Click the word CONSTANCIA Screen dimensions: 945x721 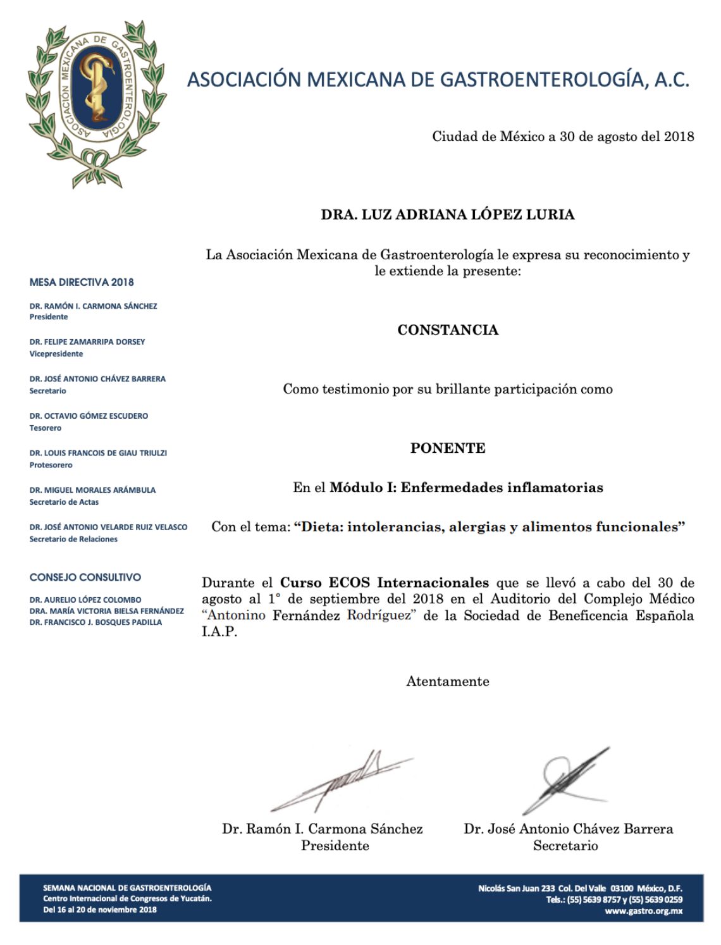[x=448, y=330]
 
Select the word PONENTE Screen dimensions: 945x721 [x=448, y=448]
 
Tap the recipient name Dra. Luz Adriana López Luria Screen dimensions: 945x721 [x=448, y=214]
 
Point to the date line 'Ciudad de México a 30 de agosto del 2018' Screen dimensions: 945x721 [x=563, y=137]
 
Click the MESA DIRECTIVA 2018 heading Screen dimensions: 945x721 [x=82, y=282]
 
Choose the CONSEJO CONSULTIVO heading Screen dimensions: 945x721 [x=85, y=577]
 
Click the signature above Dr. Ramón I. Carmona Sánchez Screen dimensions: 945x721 [x=342, y=782]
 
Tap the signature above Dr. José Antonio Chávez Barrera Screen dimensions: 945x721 [x=566, y=782]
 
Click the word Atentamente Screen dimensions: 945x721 [x=448, y=682]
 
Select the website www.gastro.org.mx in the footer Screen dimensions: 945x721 [x=643, y=911]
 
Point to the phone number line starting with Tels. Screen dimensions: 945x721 [x=614, y=900]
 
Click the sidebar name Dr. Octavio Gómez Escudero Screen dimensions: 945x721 [x=89, y=416]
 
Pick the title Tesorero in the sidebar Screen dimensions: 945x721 [x=46, y=428]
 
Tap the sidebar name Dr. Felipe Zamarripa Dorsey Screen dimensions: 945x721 [x=87, y=342]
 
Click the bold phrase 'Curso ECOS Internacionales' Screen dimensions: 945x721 [x=385, y=583]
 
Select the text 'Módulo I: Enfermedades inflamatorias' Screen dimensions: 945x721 [x=467, y=488]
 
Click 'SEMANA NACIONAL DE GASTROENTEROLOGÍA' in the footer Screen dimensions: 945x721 [x=127, y=888]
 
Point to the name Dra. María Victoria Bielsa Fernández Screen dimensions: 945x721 [x=107, y=611]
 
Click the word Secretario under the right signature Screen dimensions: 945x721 [x=565, y=846]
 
